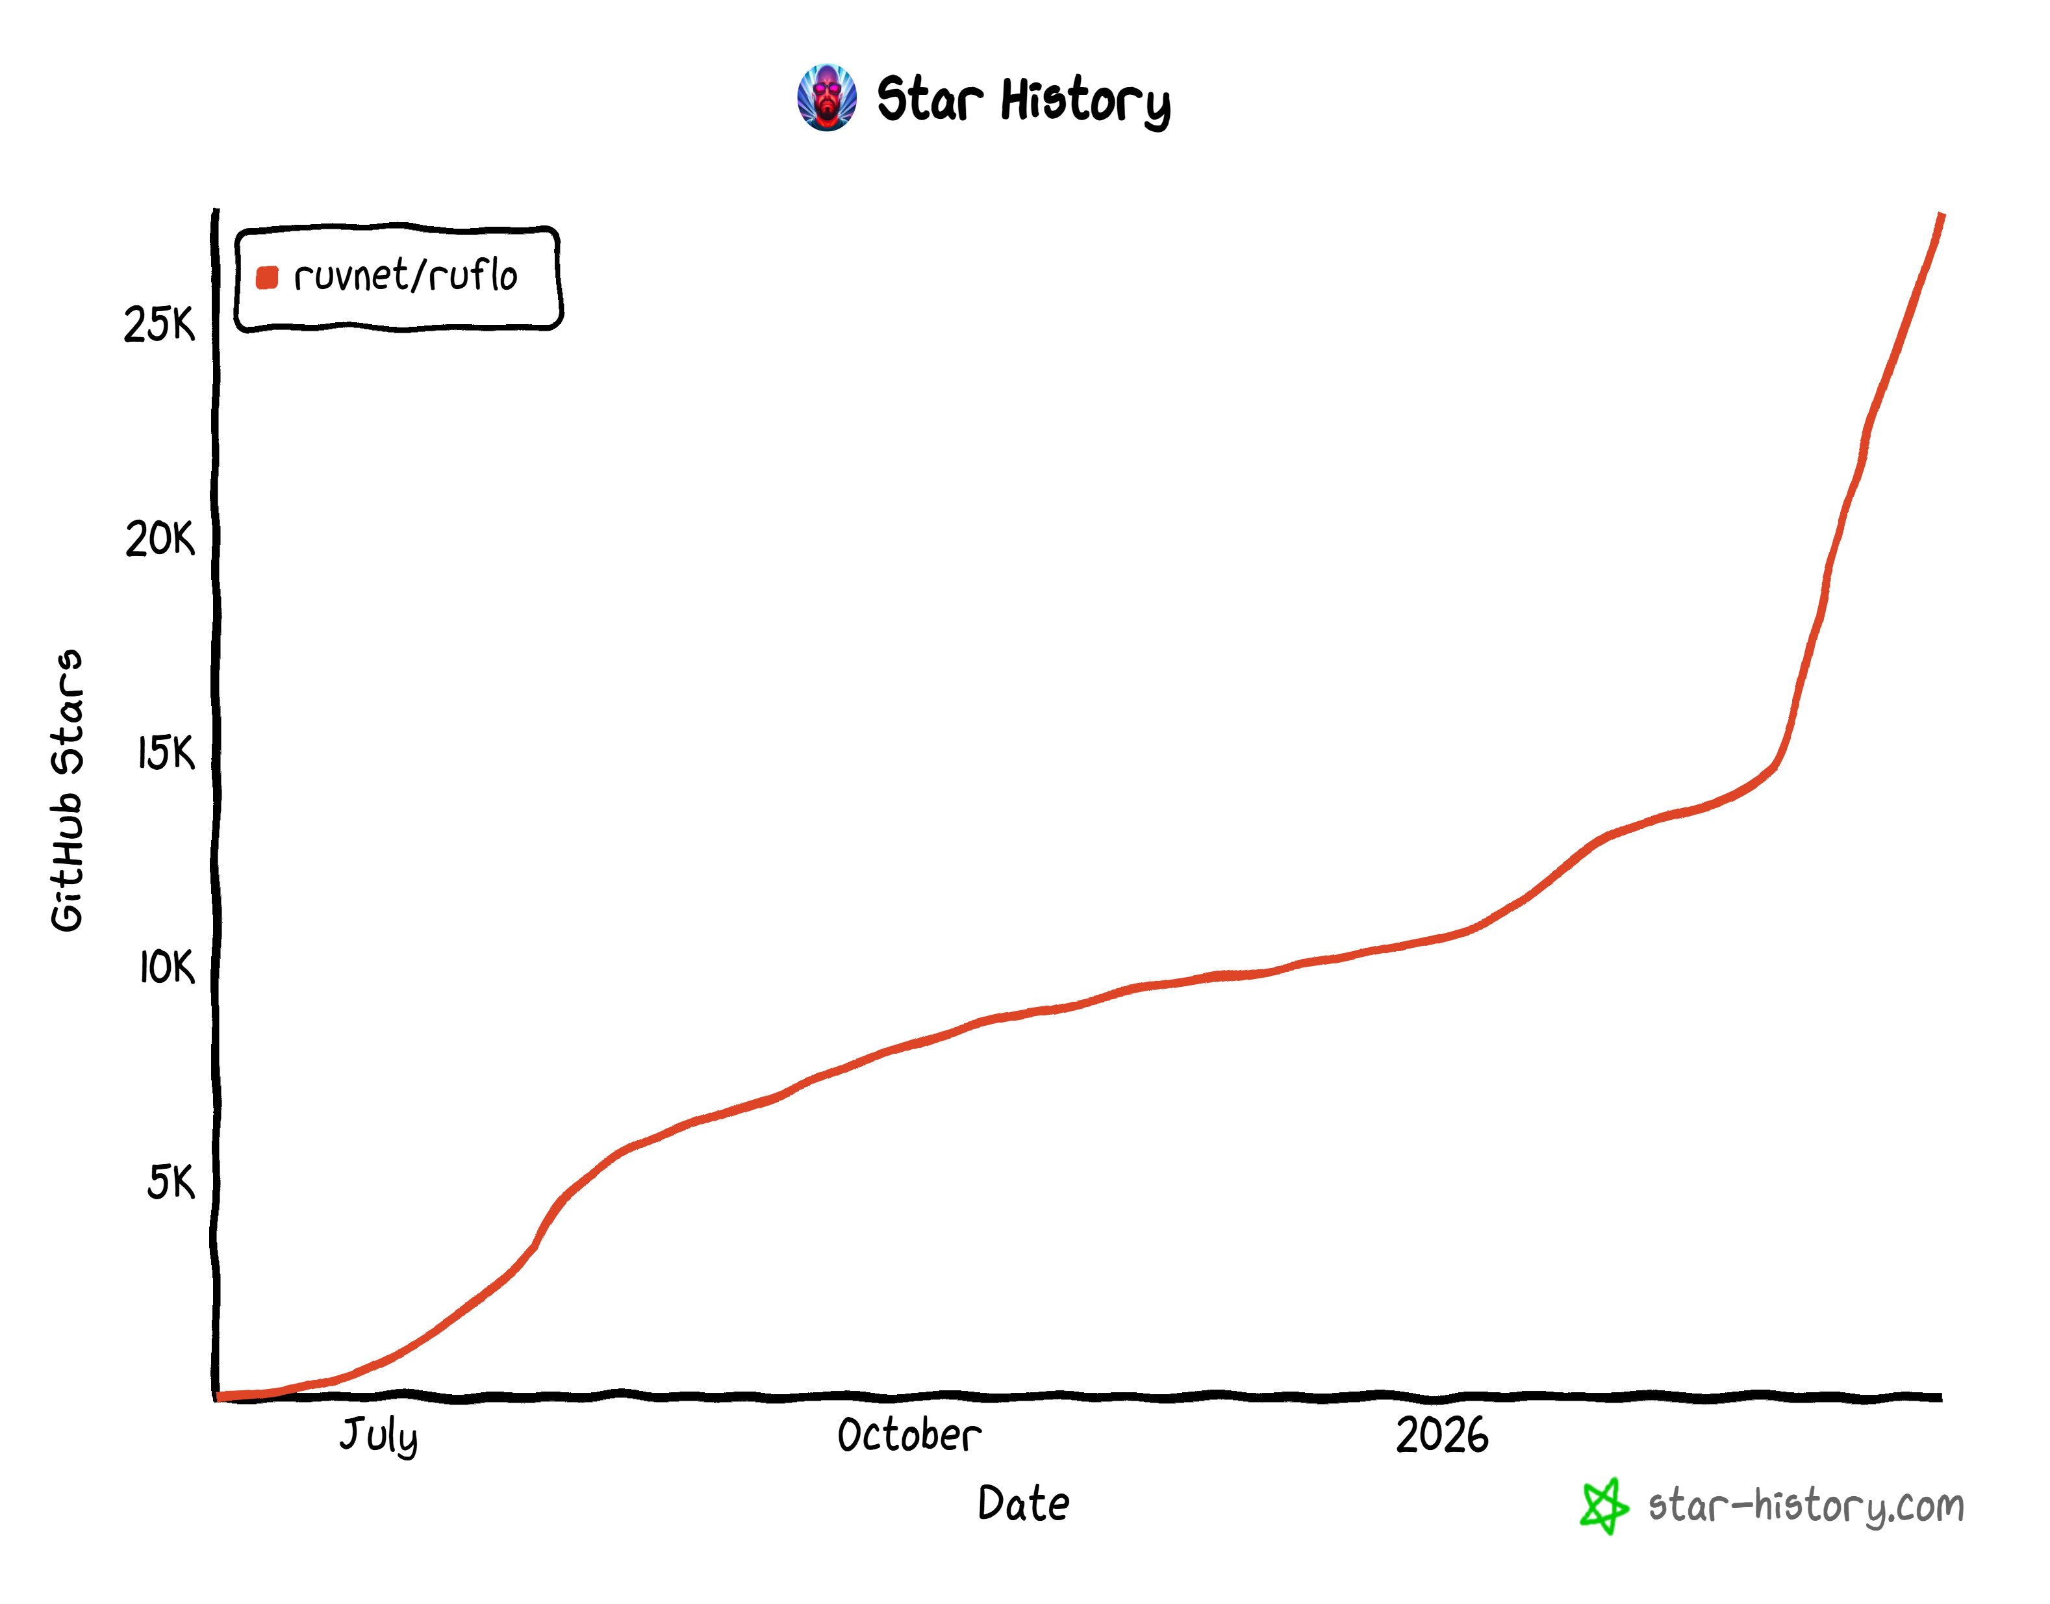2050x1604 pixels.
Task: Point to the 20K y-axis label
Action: (x=160, y=539)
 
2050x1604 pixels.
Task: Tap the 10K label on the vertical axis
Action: (x=166, y=967)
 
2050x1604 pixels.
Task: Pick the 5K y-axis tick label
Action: (x=171, y=1182)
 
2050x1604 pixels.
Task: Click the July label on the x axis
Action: (x=379, y=1436)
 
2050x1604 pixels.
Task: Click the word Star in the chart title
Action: (x=929, y=99)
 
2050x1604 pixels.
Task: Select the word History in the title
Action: (x=1085, y=101)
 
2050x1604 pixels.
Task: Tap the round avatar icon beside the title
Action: (x=826, y=97)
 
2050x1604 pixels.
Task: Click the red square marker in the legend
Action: (x=267, y=277)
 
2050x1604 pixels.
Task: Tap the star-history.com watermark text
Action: (x=1805, y=1505)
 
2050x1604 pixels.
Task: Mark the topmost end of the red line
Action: (x=1941, y=216)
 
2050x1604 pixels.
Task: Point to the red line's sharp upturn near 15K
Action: (x=1775, y=765)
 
